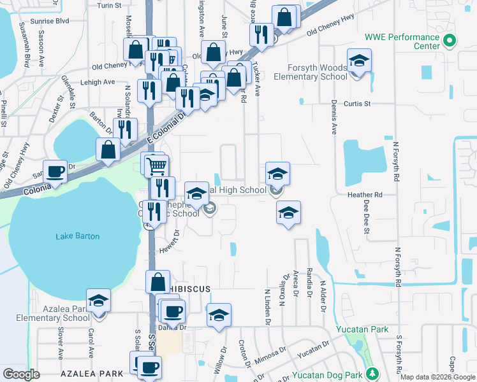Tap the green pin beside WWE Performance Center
[450, 41]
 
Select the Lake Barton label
[77, 236]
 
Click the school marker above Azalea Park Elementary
[99, 301]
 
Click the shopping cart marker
[156, 167]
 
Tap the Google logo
[21, 374]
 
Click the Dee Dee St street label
[367, 217]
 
